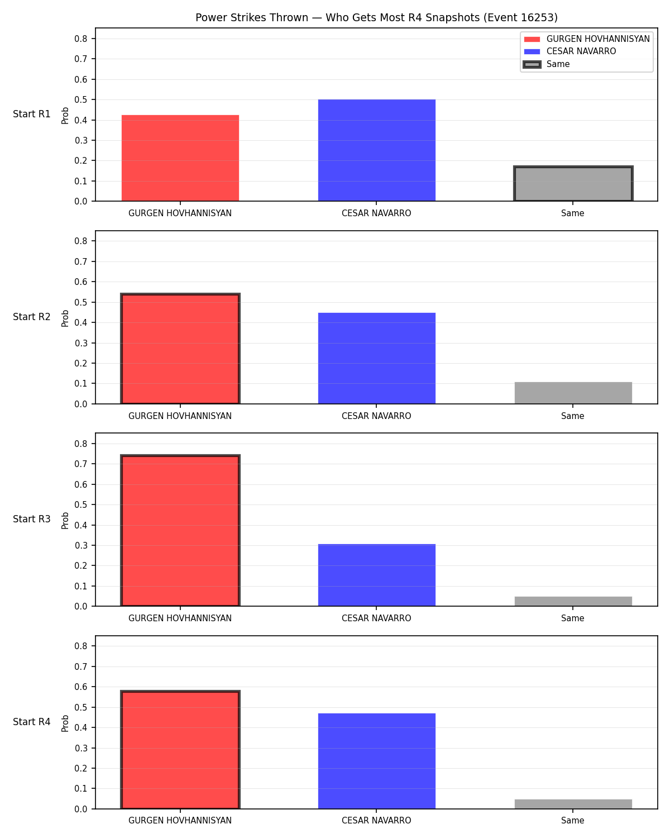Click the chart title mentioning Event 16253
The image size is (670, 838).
coord(376,17)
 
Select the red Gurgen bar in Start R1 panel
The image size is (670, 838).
coord(180,158)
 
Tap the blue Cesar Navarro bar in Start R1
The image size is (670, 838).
coord(376,150)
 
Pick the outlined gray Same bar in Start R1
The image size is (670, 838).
coord(573,183)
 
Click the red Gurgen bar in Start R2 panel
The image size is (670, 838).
coord(180,349)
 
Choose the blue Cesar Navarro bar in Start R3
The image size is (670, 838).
coord(376,575)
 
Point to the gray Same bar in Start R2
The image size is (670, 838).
coord(573,393)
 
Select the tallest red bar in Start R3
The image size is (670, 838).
coord(180,530)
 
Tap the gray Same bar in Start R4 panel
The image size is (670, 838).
coord(573,804)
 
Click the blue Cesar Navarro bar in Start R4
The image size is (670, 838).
coord(376,761)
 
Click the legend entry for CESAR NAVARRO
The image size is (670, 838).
coord(581,51)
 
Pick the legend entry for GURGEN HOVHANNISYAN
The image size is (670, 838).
coord(586,39)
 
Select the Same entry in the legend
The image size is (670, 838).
coord(557,64)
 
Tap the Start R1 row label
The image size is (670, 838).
coord(31,114)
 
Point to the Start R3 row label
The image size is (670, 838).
coord(31,519)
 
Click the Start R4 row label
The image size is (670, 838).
coord(31,722)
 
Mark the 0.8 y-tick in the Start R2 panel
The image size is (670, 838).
coord(80,241)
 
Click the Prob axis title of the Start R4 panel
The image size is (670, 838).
coord(65,723)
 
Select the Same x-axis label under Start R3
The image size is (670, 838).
coord(572,618)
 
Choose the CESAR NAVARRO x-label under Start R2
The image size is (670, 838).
coord(376,416)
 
